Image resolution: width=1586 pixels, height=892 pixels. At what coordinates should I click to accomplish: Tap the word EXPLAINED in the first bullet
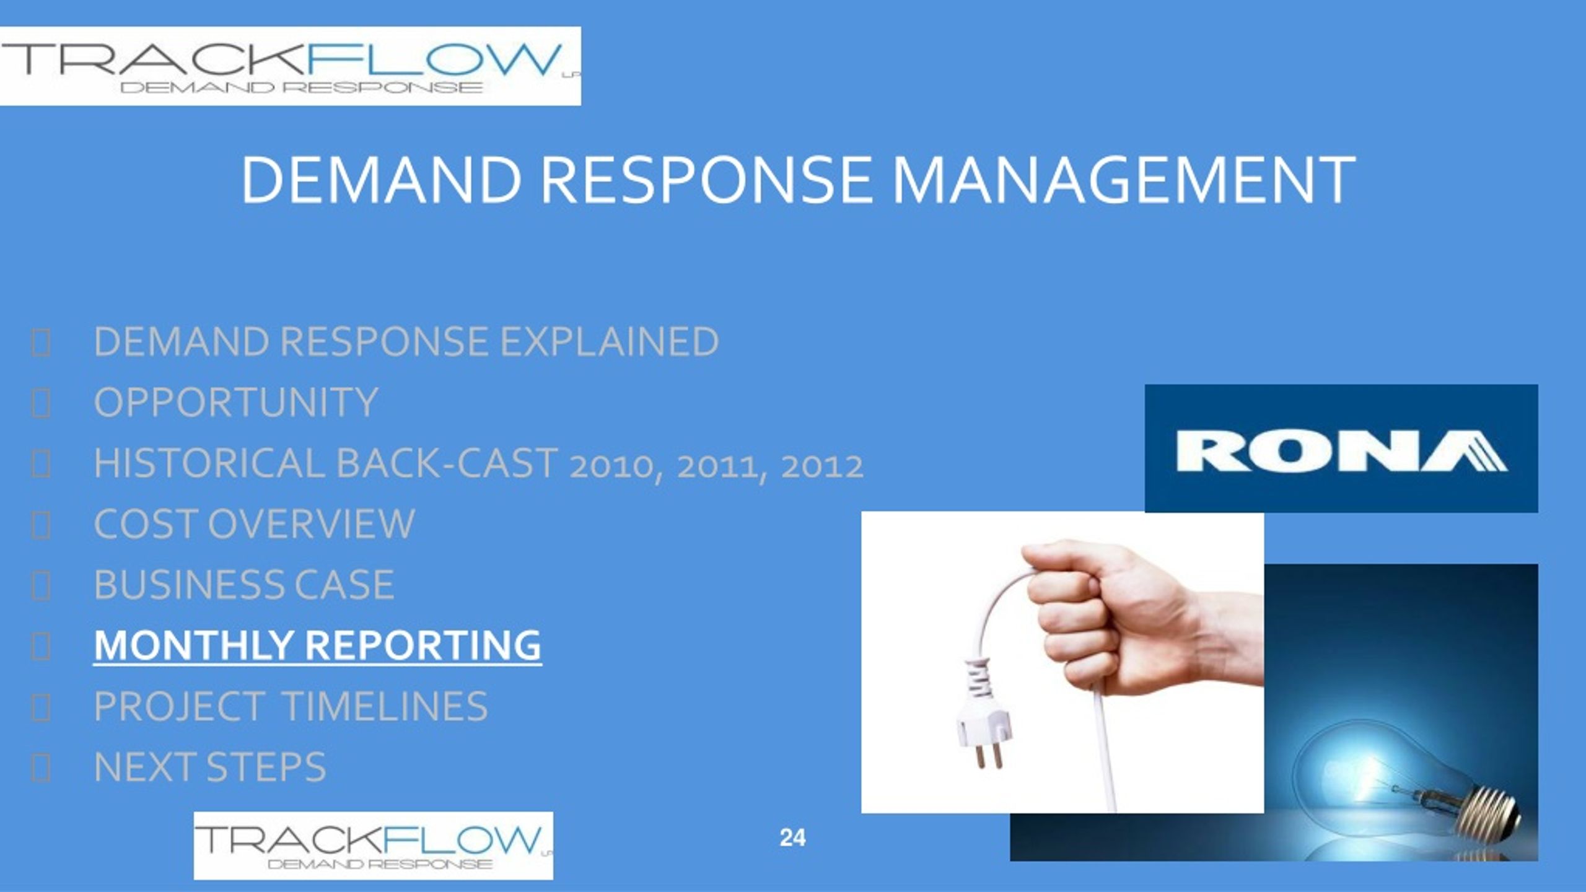(609, 341)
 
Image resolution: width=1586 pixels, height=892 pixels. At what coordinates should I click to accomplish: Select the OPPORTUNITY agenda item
(235, 402)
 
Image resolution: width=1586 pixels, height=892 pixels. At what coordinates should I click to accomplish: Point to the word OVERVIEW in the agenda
(311, 524)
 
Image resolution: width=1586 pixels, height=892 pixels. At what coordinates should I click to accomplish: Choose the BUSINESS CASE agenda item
(243, 584)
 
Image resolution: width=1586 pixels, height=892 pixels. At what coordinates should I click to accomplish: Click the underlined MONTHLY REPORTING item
(318, 645)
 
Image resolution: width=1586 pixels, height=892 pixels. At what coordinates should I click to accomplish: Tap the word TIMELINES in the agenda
(385, 706)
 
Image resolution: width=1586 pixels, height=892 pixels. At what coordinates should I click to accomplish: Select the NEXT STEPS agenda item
(209, 767)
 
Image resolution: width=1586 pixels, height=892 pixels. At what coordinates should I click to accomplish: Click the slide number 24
(793, 838)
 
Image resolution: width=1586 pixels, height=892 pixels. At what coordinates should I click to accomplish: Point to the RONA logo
(1341, 448)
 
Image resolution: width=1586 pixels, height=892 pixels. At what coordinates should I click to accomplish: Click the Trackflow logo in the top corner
(291, 66)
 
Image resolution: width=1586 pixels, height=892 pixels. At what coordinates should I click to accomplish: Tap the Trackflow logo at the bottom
(374, 846)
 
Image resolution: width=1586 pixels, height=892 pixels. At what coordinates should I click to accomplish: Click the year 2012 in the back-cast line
(822, 466)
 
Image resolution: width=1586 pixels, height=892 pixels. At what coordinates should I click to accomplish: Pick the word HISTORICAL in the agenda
(209, 463)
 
